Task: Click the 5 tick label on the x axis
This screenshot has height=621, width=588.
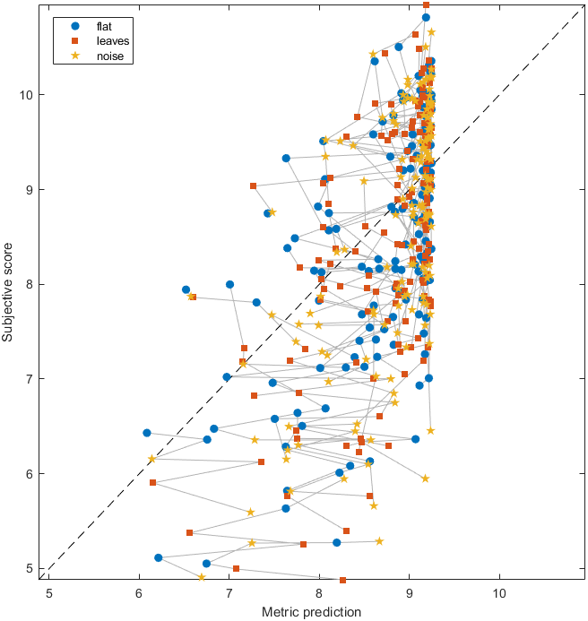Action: pyautogui.click(x=48, y=592)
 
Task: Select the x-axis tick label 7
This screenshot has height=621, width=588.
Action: pyautogui.click(x=229, y=592)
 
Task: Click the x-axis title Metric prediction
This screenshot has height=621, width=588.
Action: pyautogui.click(x=312, y=612)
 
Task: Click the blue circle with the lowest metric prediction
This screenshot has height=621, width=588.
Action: pyautogui.click(x=147, y=433)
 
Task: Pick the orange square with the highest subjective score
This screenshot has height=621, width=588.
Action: pyautogui.click(x=426, y=4)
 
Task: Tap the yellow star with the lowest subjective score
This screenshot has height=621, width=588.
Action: pyautogui.click(x=201, y=577)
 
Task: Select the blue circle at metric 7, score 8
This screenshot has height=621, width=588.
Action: pyautogui.click(x=229, y=284)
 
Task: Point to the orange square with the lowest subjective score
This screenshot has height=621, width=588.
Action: pyautogui.click(x=342, y=580)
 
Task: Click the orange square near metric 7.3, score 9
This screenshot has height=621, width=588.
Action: pyautogui.click(x=253, y=186)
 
